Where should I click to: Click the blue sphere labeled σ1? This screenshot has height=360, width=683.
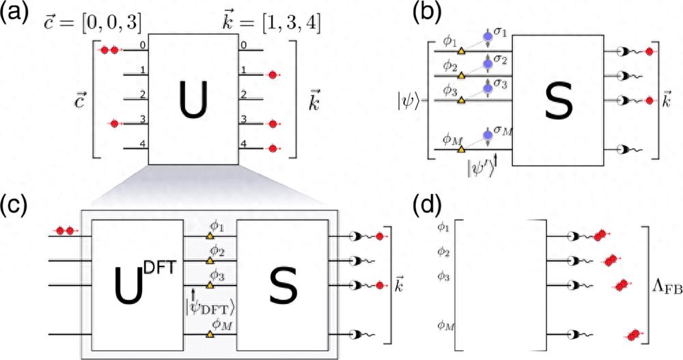click(x=488, y=36)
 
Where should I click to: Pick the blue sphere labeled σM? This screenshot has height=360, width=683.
click(x=488, y=134)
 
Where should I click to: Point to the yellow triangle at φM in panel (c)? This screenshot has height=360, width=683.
click(x=210, y=334)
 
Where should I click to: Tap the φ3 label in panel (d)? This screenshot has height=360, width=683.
click(x=445, y=276)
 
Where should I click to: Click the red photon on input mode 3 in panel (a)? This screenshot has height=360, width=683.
click(x=114, y=124)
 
